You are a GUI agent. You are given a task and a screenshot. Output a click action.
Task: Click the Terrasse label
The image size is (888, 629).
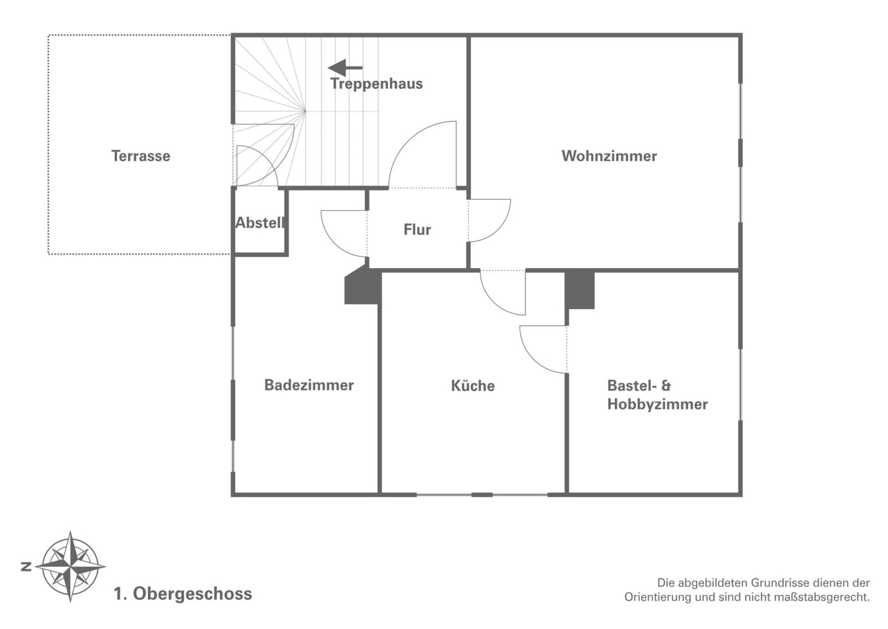tap(140, 156)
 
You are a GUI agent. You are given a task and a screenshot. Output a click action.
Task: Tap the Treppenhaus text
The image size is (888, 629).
tap(376, 84)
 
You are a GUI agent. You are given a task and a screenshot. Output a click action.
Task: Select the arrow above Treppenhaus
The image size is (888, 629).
tap(345, 68)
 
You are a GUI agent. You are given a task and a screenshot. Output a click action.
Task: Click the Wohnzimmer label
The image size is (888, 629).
tap(609, 156)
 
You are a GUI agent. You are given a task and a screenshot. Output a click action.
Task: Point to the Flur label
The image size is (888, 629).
tap(417, 229)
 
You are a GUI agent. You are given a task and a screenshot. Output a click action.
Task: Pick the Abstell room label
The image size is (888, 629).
tap(259, 223)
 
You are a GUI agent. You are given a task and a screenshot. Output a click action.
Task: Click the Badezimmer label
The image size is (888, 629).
tap(309, 385)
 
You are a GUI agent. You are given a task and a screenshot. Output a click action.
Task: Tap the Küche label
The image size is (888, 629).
tap(473, 386)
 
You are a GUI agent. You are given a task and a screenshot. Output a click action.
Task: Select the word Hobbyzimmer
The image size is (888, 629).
tap(657, 404)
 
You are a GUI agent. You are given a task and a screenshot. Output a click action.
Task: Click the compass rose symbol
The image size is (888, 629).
tap(71, 566)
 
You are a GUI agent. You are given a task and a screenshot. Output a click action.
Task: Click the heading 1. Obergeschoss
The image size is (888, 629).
tap(183, 594)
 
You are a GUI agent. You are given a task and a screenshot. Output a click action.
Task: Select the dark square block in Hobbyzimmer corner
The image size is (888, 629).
tap(580, 289)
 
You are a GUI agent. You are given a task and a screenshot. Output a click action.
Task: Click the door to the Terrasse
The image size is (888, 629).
tap(256, 165)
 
